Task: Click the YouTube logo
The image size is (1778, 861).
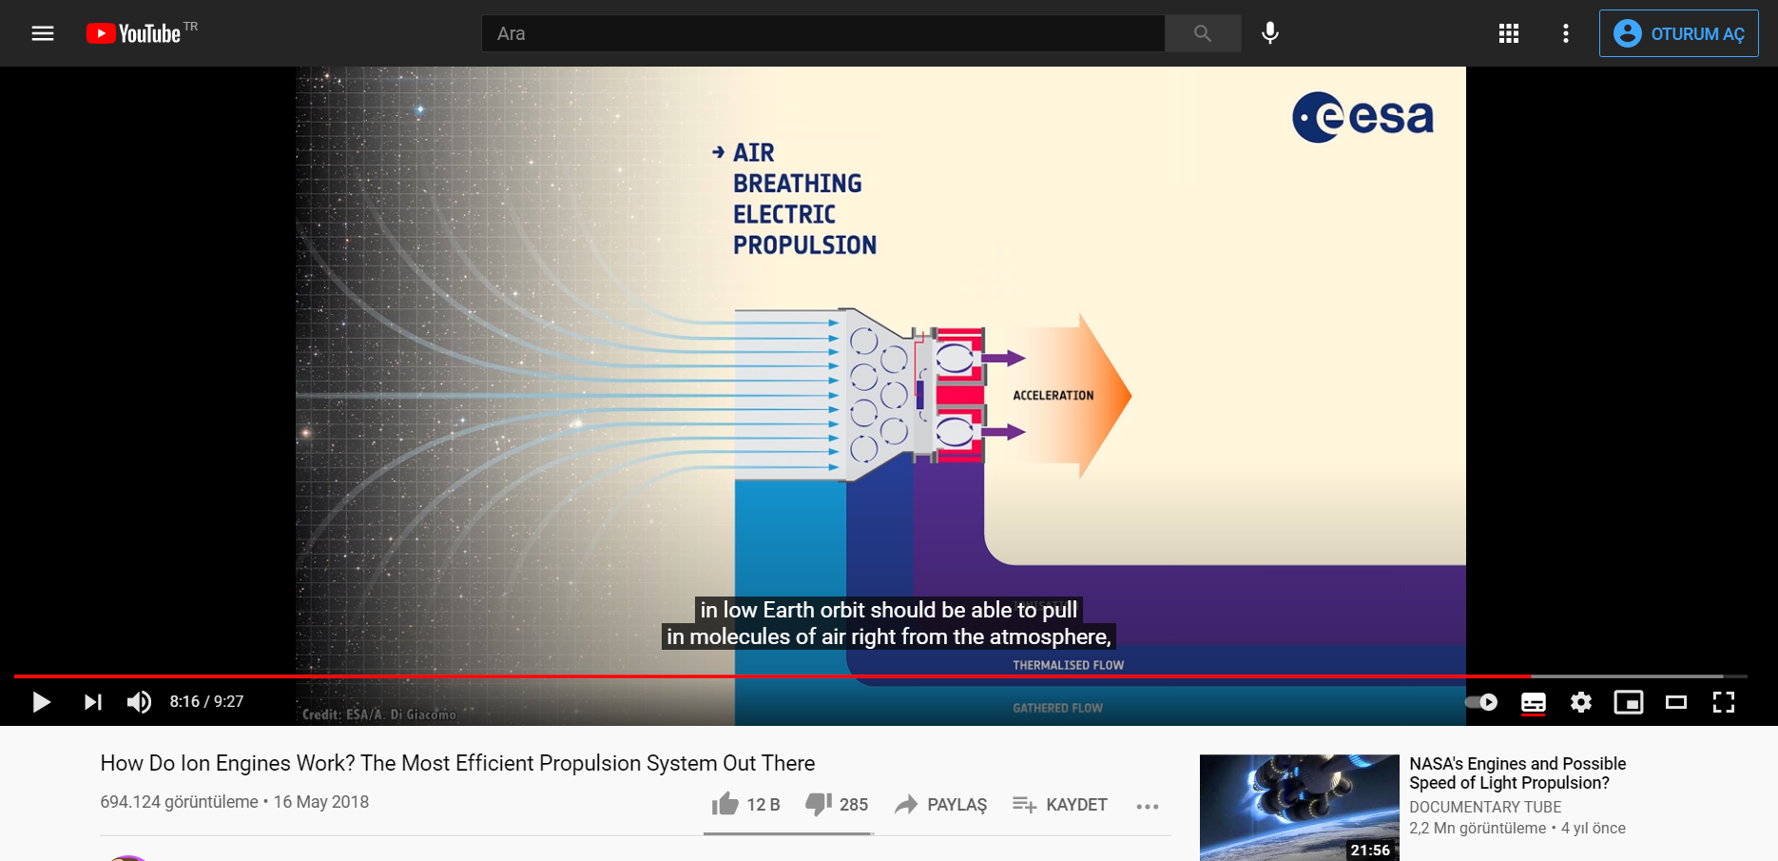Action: (133, 33)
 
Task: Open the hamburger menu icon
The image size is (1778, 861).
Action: (43, 33)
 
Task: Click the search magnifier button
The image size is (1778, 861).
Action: (1203, 33)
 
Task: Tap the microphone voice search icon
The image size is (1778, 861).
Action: (1270, 33)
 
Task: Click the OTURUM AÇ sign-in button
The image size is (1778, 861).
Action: (1679, 33)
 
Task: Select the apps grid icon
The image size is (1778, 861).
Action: (1509, 33)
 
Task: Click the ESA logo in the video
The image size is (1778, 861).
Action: (1362, 117)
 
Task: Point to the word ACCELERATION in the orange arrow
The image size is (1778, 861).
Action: (1053, 396)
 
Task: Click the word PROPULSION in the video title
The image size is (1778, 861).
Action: (804, 245)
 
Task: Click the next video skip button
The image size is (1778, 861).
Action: (92, 702)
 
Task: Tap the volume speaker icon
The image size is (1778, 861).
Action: (139, 702)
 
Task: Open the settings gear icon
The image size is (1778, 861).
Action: (1581, 702)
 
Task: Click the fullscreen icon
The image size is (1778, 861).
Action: (1724, 702)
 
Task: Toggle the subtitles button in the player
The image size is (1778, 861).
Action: (1534, 703)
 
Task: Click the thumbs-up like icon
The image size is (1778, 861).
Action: (725, 804)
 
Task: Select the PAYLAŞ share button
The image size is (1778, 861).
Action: (941, 805)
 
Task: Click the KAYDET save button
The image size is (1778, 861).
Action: (1060, 805)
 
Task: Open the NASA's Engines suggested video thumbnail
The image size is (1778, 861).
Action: (1300, 808)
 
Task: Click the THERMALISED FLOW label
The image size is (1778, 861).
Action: (1069, 665)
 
